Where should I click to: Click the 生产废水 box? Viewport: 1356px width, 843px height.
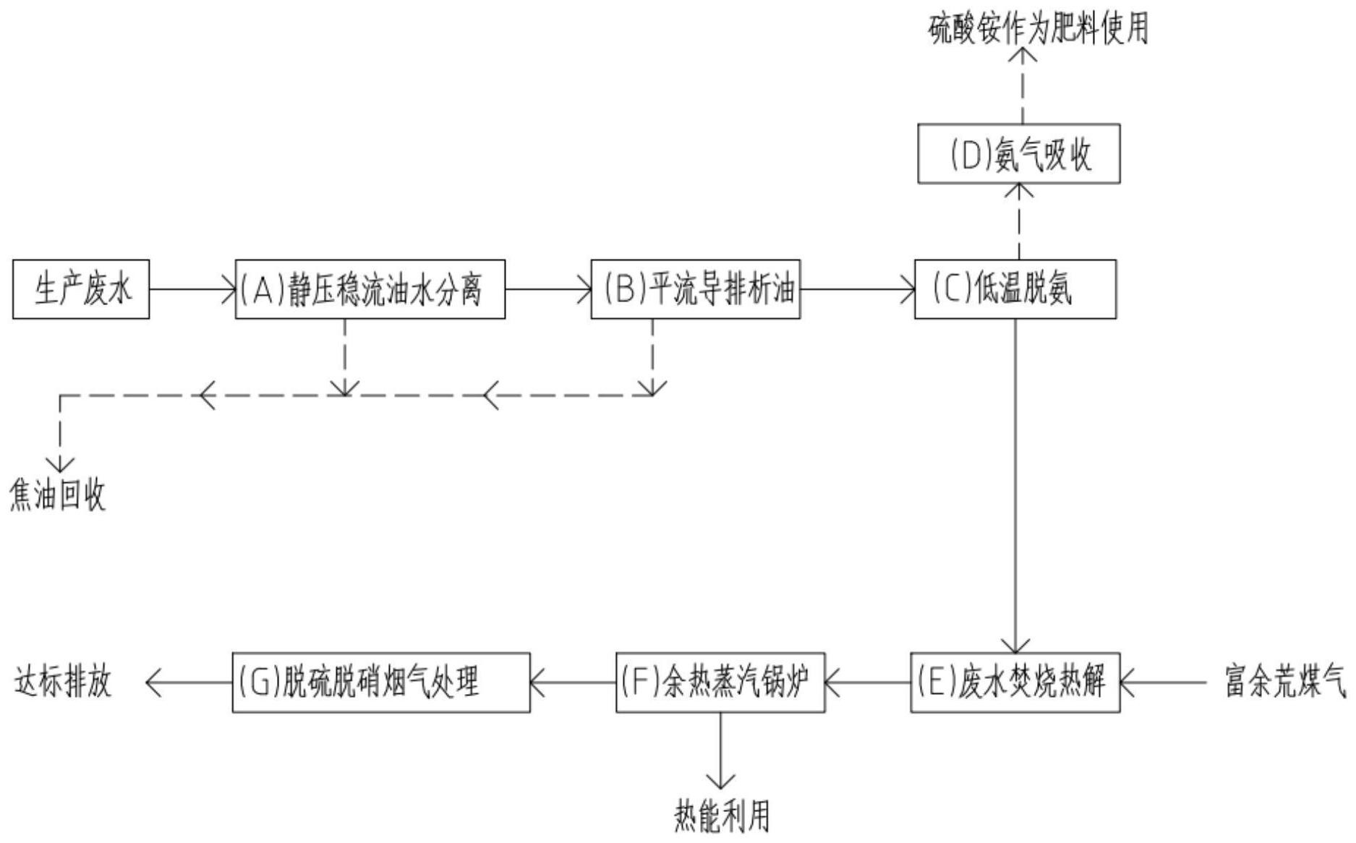point(81,289)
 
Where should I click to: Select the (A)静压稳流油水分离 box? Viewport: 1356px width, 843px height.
point(370,289)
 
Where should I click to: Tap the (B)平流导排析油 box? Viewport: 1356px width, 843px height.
point(696,289)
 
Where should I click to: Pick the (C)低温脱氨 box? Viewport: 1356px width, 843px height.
point(1015,289)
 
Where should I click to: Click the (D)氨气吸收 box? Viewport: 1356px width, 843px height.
point(1019,154)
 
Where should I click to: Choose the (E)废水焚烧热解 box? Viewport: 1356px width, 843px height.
point(1015,682)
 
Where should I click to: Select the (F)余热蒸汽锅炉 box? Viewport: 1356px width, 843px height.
point(720,682)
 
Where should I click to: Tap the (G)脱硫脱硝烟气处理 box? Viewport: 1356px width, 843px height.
point(381,682)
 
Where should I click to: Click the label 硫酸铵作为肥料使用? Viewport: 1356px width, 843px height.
point(1039,29)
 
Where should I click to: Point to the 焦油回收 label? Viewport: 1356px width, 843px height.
point(58,496)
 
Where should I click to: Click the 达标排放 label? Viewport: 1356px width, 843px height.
point(64,682)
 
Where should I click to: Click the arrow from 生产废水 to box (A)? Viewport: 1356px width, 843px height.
point(192,289)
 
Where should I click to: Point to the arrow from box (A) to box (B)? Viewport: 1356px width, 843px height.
point(548,289)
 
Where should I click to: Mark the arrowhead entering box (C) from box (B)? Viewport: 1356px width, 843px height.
point(908,289)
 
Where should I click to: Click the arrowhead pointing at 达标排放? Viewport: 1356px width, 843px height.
point(153,682)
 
